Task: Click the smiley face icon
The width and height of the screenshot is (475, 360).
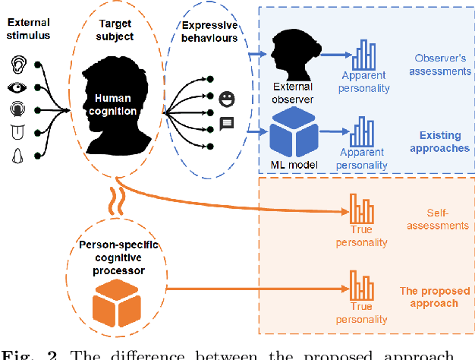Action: [226, 98]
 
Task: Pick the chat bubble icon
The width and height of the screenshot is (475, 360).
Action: [226, 123]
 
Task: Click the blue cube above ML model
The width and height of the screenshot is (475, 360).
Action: [292, 131]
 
